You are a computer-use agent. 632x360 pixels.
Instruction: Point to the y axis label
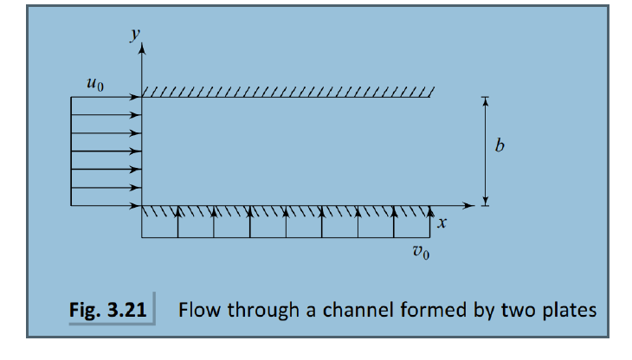(x=133, y=35)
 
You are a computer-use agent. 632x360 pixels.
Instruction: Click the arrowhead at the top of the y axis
(x=141, y=50)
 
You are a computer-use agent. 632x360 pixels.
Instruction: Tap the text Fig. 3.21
(x=108, y=309)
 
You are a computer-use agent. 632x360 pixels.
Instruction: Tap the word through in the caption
(x=258, y=309)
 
